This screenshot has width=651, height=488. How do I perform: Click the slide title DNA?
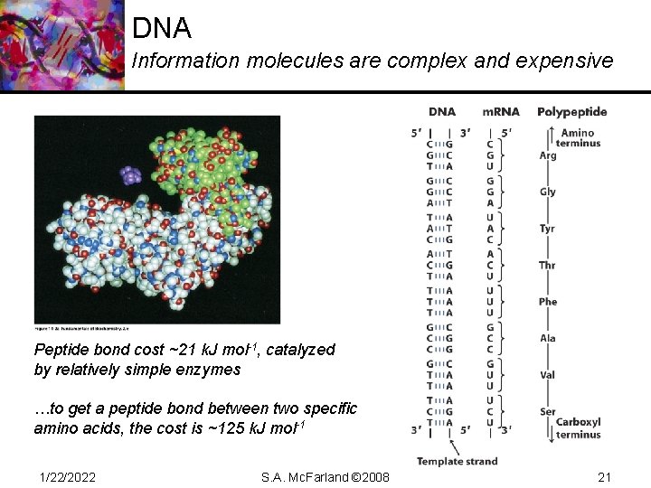(162, 28)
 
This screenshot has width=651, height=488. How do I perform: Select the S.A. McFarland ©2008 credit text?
(325, 476)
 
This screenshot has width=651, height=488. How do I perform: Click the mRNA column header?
(501, 112)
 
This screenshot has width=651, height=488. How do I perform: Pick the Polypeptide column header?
(572, 112)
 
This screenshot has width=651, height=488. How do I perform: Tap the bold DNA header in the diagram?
(441, 112)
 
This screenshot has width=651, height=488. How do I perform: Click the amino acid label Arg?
(548, 155)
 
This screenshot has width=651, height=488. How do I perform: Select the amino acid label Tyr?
(547, 229)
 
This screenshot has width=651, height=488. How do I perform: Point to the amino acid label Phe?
(548, 302)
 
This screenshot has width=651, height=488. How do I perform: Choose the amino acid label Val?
(547, 375)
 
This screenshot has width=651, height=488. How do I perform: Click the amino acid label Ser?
(547, 411)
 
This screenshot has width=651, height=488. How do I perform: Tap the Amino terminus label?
(579, 138)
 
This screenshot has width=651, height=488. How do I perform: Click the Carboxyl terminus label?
(579, 427)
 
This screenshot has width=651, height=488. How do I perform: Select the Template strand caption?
(457, 461)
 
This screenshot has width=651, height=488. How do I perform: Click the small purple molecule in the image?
(132, 174)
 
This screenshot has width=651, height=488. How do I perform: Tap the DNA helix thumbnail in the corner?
(61, 45)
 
